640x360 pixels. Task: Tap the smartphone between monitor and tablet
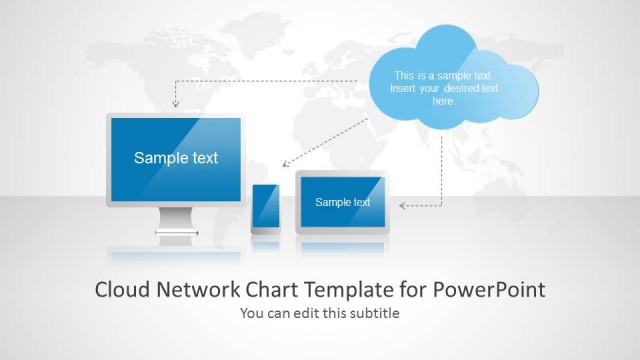point(265,209)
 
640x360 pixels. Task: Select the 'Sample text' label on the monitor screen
point(176,158)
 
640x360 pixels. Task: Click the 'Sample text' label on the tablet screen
point(342,202)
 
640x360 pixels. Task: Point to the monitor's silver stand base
point(177,238)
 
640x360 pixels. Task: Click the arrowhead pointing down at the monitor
point(175,103)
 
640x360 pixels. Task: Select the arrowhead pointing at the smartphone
point(285,163)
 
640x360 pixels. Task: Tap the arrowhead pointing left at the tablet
point(403,206)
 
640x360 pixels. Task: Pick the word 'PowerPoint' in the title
point(490,290)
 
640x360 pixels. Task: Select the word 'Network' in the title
point(199,290)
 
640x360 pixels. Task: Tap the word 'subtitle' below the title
point(375,313)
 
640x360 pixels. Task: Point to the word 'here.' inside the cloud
point(443,101)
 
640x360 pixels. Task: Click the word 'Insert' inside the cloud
point(406,88)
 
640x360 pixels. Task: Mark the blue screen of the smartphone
point(265,207)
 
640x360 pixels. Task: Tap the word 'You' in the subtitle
point(252,313)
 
